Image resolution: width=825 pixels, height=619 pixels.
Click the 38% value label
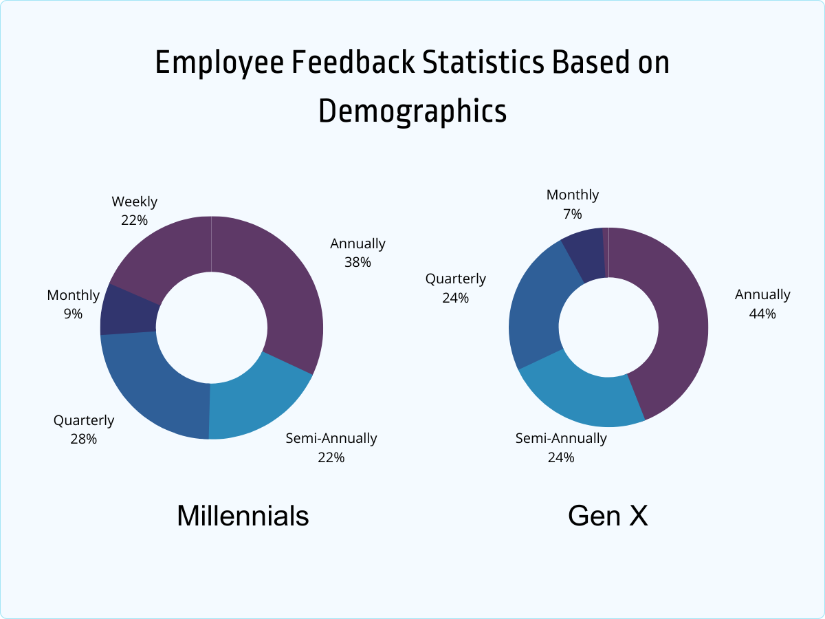[x=357, y=262]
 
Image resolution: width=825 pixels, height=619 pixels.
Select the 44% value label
[x=762, y=314]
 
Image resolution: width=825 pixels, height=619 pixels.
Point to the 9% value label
[x=73, y=314]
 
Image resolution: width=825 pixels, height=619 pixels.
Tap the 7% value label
[x=573, y=213]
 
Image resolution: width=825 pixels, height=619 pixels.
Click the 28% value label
[x=83, y=439]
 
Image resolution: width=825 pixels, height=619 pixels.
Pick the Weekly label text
[x=135, y=202]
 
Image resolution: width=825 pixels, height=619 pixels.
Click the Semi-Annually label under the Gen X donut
[x=561, y=438]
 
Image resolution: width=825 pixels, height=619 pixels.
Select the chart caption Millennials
[x=243, y=516]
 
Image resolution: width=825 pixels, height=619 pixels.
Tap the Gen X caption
[x=608, y=516]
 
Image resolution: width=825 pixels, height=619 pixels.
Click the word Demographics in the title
[x=412, y=111]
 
